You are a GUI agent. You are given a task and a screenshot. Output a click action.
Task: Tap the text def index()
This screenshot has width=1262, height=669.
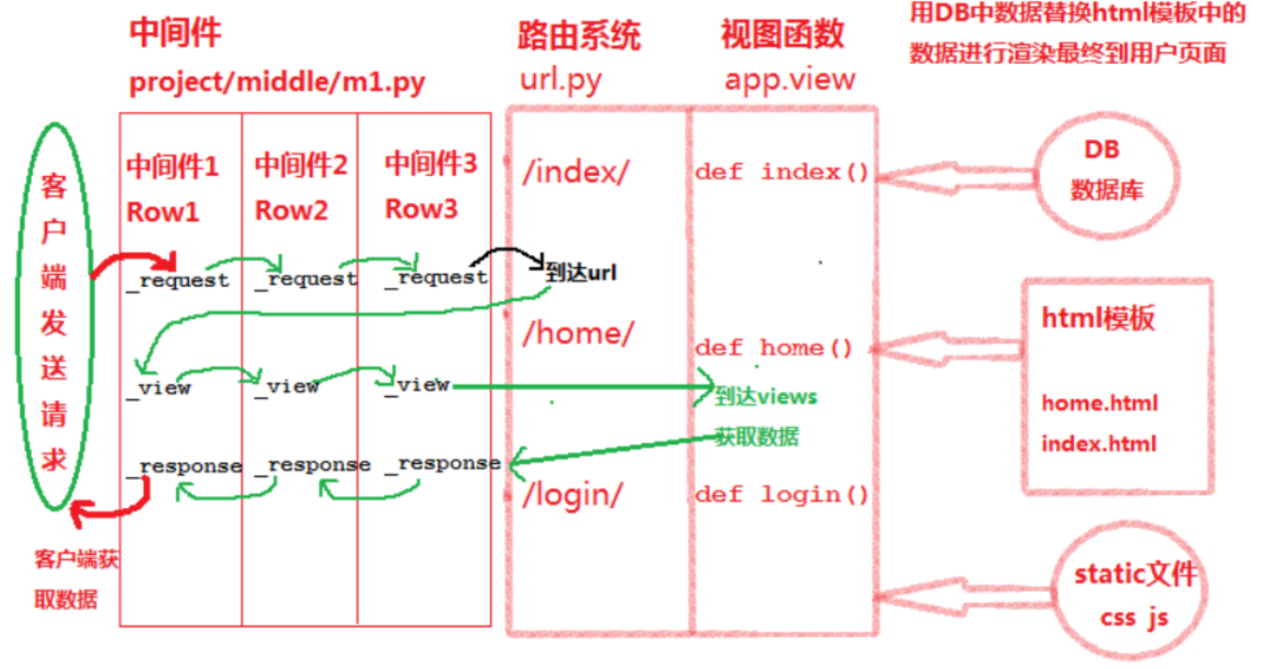[x=781, y=172]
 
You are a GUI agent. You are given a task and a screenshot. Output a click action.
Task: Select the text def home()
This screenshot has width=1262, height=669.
[x=773, y=348]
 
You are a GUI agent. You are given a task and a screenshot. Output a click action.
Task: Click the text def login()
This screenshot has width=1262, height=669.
[x=781, y=495]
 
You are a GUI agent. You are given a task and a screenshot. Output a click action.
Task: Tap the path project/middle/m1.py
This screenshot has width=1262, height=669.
[x=276, y=83]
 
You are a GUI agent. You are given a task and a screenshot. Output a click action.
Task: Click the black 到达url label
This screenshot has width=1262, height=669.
[x=581, y=273]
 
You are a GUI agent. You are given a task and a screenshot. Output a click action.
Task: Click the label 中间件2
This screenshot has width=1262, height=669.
[x=301, y=167]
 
